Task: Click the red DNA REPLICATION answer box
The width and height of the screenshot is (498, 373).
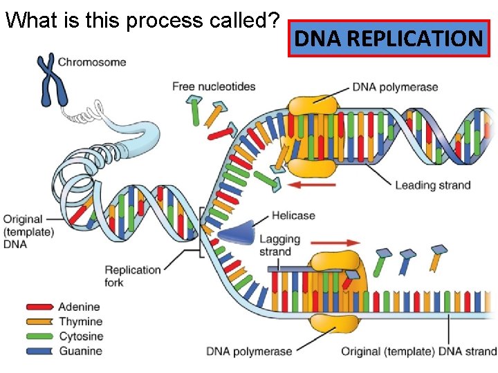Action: tap(389, 39)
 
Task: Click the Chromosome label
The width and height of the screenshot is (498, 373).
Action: tap(92, 62)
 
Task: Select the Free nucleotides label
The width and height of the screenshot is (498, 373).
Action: tap(214, 86)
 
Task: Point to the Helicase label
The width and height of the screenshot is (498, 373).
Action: tap(293, 216)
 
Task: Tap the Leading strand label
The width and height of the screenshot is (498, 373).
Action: tap(433, 185)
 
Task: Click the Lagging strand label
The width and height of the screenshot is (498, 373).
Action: tap(279, 245)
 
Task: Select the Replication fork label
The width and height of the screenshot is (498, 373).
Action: tap(133, 276)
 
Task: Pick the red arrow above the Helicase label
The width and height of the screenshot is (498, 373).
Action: tap(311, 185)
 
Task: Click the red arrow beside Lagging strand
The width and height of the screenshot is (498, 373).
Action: tap(334, 242)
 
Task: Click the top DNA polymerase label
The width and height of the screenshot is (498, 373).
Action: tap(395, 87)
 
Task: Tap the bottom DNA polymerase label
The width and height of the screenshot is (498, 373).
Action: tap(249, 352)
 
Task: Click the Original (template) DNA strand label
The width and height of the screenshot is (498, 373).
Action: tap(418, 352)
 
